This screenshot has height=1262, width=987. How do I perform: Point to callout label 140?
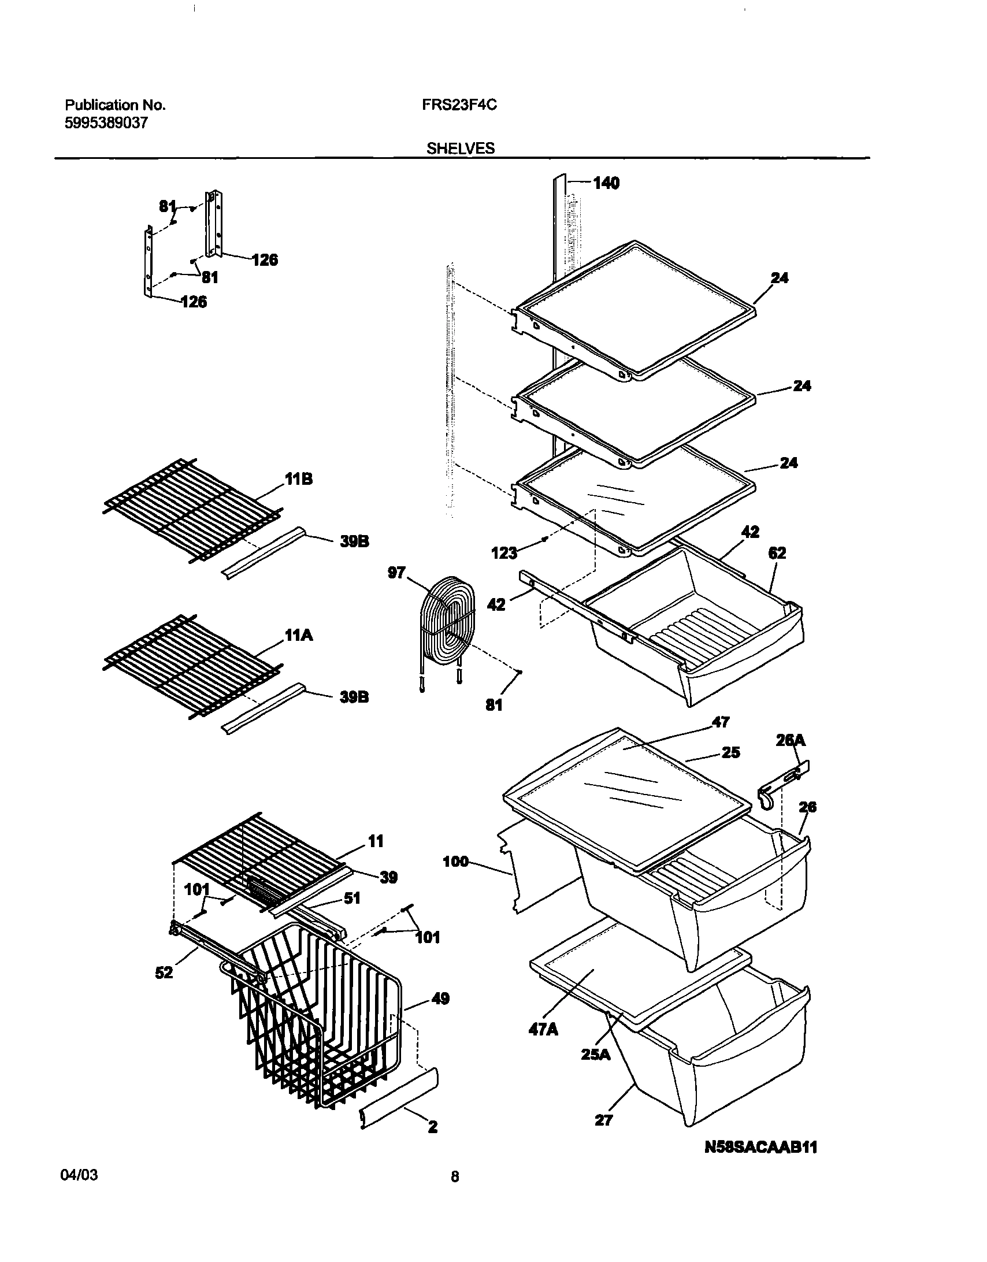[x=606, y=183]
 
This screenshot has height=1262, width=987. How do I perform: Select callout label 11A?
[x=298, y=636]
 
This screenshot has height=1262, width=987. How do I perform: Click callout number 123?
[x=504, y=554]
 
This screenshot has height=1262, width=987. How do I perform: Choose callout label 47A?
[x=543, y=1029]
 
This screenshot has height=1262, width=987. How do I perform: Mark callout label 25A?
[x=596, y=1054]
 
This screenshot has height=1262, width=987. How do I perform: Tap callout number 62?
[x=777, y=553]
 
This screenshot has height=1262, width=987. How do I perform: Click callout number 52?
[x=164, y=973]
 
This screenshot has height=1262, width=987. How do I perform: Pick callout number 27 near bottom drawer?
[x=603, y=1120]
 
